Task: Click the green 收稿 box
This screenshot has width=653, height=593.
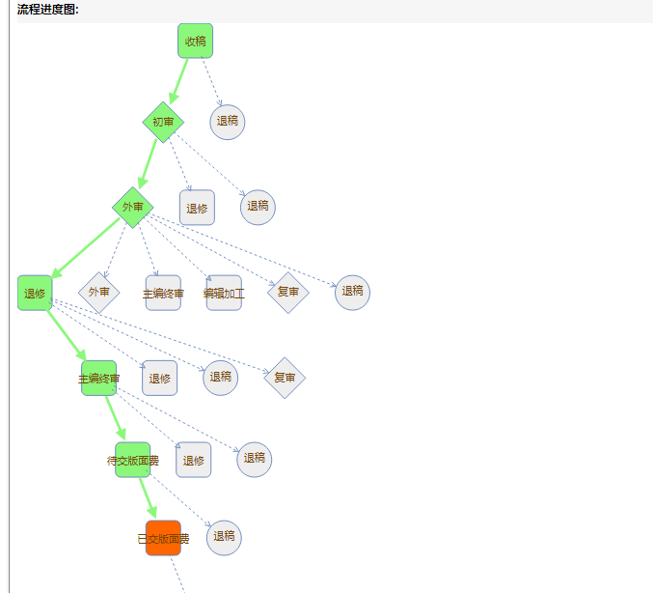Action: (x=195, y=41)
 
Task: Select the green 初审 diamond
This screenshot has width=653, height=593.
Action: (x=163, y=123)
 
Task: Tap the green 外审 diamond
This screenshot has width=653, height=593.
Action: (x=133, y=207)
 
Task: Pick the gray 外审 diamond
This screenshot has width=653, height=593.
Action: (x=98, y=292)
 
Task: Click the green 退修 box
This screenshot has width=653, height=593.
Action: (x=35, y=293)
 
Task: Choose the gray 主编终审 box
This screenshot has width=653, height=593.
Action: (x=163, y=293)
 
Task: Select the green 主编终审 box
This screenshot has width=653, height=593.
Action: (x=98, y=379)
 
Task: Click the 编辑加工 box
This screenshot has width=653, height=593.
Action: (x=224, y=293)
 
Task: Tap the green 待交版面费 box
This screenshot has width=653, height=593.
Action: (x=132, y=460)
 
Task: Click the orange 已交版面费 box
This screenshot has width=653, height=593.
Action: (x=163, y=538)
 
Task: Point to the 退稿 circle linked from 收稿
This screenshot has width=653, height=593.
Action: (x=228, y=122)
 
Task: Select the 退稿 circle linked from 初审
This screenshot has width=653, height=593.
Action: (x=258, y=207)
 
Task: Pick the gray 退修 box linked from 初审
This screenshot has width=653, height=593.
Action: (x=197, y=208)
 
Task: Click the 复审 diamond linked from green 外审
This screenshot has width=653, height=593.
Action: (x=287, y=292)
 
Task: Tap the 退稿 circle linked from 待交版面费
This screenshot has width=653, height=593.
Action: (x=255, y=459)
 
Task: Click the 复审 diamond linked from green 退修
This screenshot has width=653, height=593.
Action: (x=285, y=378)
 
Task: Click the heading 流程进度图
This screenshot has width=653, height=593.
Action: (x=48, y=10)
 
